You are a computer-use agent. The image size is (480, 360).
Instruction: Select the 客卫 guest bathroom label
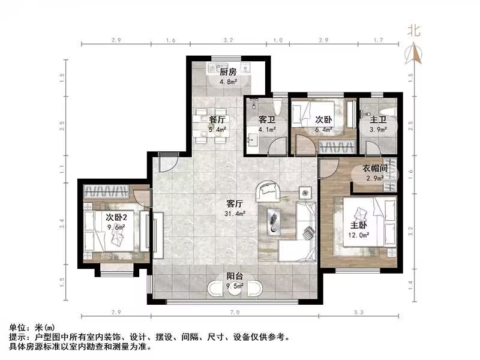point(266,119)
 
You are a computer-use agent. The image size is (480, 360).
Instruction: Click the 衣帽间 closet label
point(376,169)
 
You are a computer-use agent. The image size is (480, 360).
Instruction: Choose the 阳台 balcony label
point(235,277)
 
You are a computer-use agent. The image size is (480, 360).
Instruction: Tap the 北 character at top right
point(413,29)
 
